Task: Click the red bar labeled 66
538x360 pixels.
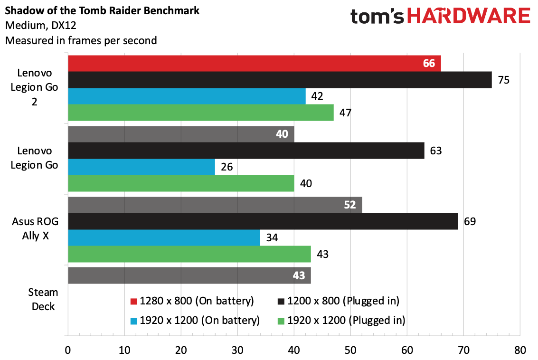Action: (254, 63)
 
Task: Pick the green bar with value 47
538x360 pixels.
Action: (200, 113)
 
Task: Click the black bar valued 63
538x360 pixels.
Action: (245, 151)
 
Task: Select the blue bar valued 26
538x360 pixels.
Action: (141, 167)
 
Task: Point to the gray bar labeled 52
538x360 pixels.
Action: (215, 205)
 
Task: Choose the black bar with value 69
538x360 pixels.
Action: (263, 221)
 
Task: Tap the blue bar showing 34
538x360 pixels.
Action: (164, 237)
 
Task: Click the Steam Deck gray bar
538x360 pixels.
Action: (189, 275)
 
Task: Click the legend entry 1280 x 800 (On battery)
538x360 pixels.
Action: (192, 301)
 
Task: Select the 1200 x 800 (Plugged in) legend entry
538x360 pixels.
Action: (338, 301)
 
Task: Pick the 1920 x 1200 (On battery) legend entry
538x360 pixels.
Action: (195, 320)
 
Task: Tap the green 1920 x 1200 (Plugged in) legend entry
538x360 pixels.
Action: (340, 320)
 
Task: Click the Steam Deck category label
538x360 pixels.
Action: (43, 299)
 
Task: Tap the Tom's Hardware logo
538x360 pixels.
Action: (440, 17)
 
